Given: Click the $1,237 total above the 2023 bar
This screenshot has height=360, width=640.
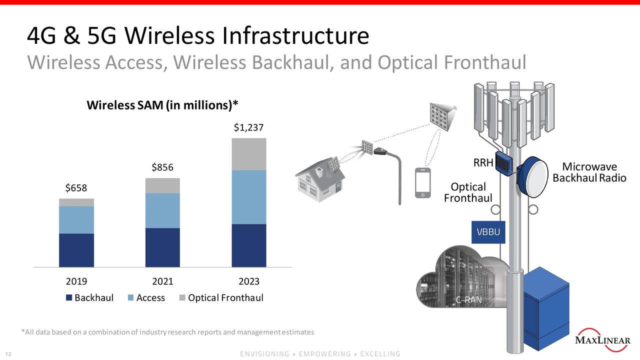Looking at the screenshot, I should [x=248, y=128].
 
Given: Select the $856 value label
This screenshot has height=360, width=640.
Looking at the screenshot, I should [x=162, y=168].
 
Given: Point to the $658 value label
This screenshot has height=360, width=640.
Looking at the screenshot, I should [x=76, y=188].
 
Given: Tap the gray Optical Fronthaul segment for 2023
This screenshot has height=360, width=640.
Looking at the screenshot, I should [x=248, y=154].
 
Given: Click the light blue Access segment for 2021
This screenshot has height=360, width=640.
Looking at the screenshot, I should [x=162, y=210].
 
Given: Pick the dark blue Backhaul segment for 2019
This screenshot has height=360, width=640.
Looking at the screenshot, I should [x=76, y=250].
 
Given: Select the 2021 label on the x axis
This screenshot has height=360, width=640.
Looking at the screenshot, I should [x=162, y=281].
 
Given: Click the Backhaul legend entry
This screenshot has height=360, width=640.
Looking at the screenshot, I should [x=89, y=298].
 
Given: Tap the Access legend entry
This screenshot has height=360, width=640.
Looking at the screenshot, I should [x=146, y=298].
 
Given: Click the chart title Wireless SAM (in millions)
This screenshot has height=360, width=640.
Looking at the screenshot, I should [x=162, y=105].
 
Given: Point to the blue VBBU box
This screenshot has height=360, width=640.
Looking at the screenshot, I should [x=488, y=232].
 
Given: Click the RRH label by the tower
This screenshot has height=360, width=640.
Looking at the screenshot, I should [x=483, y=162].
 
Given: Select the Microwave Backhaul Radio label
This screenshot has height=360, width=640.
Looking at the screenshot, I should [x=589, y=172].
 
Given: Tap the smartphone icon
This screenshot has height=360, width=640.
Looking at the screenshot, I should [x=423, y=183].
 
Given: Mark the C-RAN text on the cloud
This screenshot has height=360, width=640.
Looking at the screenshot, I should [x=468, y=300].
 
